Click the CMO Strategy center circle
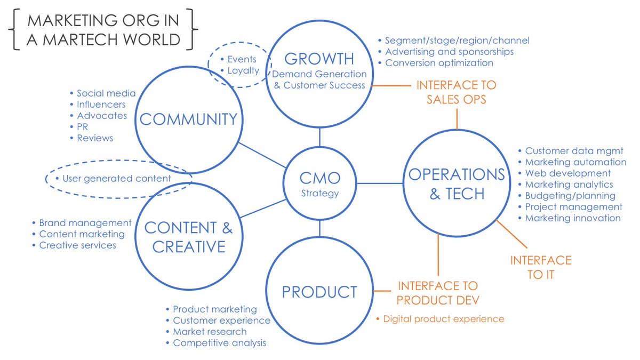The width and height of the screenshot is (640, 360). [319, 184]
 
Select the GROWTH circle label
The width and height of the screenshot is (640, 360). [319, 58]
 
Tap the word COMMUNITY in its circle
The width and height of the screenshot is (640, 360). [188, 119]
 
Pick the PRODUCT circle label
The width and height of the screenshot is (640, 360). [319, 292]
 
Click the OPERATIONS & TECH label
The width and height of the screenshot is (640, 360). [457, 183]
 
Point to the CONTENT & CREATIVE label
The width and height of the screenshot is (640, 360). [188, 237]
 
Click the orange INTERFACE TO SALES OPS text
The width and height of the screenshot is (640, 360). [456, 92]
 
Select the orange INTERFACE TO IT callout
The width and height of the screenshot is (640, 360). [540, 267]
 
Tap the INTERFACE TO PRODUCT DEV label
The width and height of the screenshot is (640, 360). [437, 293]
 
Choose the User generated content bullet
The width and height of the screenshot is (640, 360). [117, 179]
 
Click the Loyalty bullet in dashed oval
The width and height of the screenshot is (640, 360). [243, 70]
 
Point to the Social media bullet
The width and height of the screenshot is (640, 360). [106, 93]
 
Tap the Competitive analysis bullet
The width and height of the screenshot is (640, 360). [219, 343]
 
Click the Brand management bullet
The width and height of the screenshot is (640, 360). [85, 223]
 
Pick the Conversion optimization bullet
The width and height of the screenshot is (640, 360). [439, 63]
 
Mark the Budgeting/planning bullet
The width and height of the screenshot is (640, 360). [570, 196]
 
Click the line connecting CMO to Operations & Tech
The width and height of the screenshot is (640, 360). [380, 183]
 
